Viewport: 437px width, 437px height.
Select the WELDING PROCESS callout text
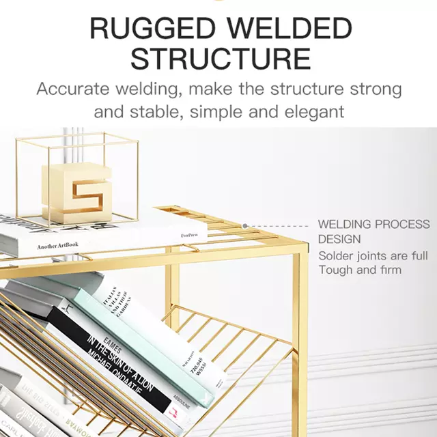pos(373,225)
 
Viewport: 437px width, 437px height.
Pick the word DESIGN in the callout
pos(339,240)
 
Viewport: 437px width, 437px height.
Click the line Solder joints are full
pos(373,256)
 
